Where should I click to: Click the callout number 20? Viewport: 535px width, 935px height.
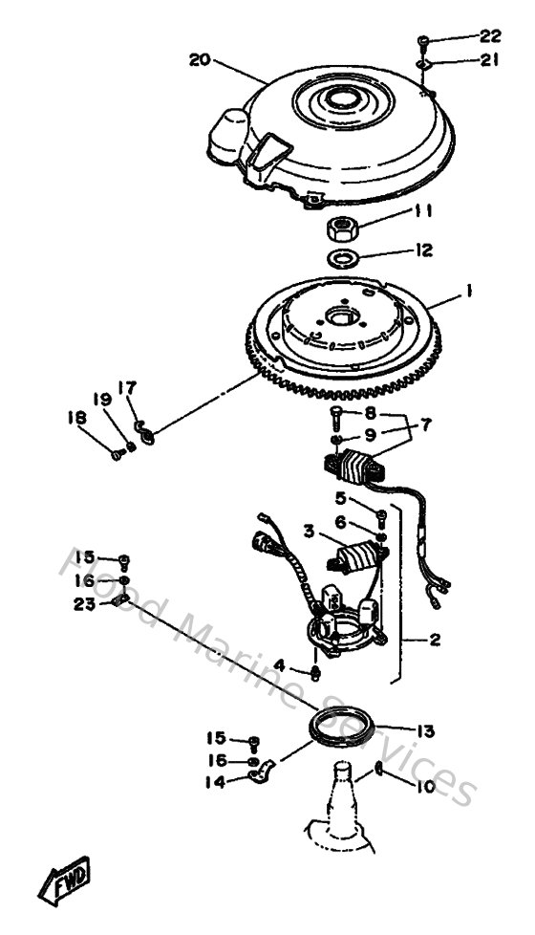click(199, 59)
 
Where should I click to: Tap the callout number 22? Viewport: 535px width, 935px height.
click(489, 36)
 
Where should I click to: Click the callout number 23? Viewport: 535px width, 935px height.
click(84, 603)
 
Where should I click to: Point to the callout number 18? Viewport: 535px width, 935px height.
click(76, 418)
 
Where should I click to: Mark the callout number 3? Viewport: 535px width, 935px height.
click(309, 530)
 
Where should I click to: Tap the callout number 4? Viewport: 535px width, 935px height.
click(279, 664)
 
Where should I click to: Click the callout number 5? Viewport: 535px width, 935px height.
click(339, 497)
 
